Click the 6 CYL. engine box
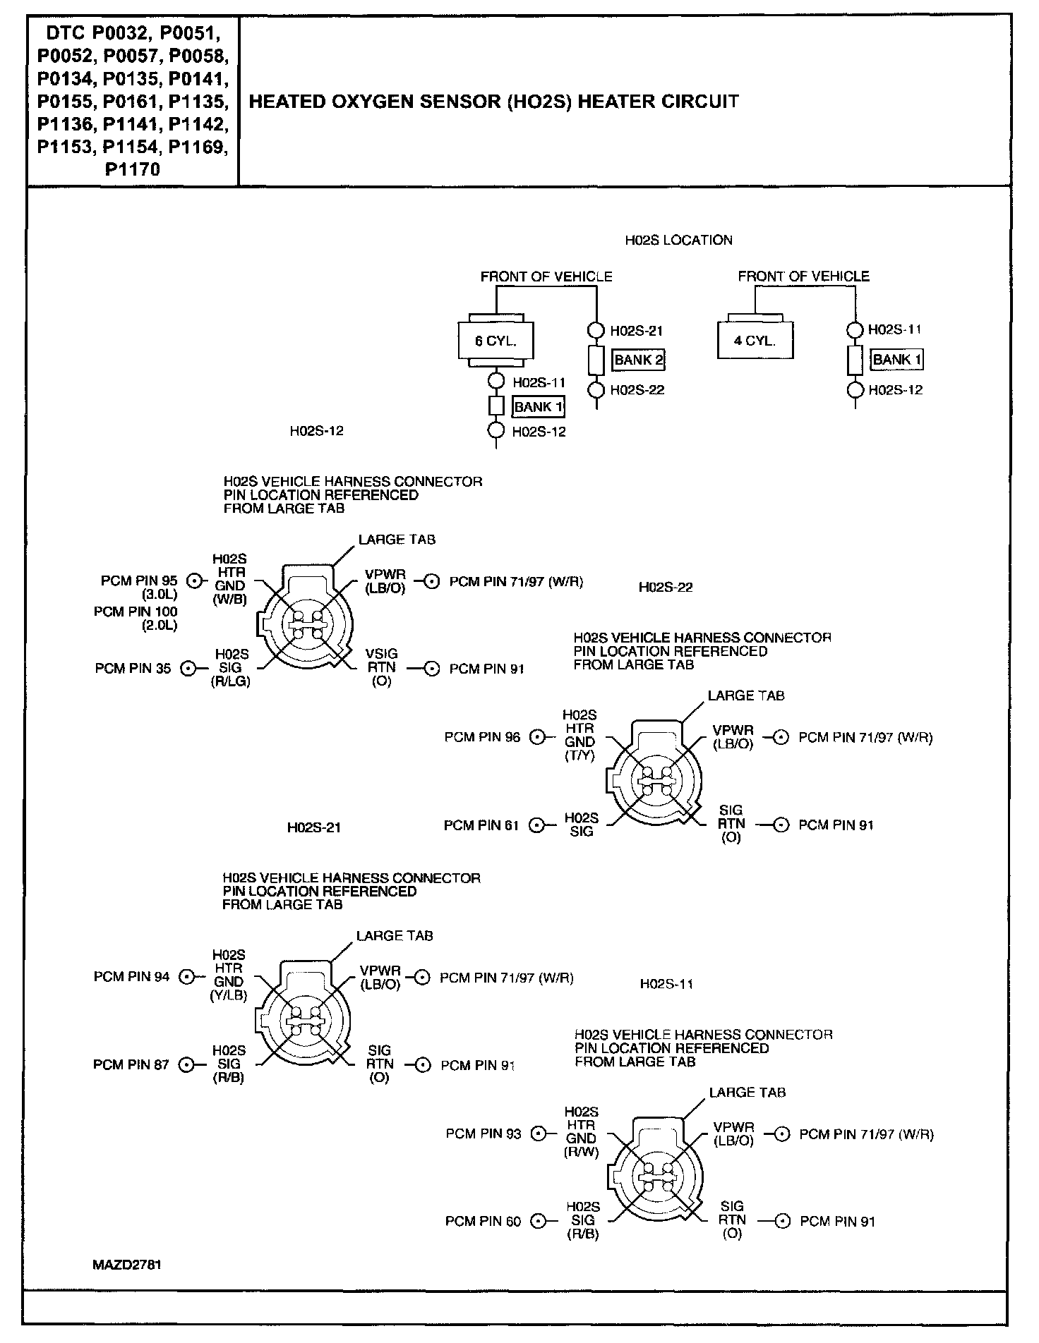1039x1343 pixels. coord(496,341)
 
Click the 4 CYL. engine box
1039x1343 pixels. coord(755,341)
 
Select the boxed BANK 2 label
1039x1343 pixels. coord(638,360)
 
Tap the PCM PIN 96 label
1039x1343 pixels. coord(482,737)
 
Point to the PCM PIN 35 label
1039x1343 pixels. coord(133,669)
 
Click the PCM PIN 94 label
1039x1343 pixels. coord(131,977)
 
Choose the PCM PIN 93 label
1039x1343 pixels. coord(484,1134)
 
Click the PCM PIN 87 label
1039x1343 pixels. coord(131,1064)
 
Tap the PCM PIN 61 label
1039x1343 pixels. coord(481,825)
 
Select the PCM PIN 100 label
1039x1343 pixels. coord(136,612)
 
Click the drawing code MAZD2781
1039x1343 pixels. coord(127,1265)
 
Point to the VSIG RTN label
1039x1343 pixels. coord(381,661)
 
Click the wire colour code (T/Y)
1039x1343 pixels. coord(580,755)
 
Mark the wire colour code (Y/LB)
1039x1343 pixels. coord(228,995)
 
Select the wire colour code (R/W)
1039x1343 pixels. coord(581,1152)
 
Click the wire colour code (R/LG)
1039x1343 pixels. coord(231,681)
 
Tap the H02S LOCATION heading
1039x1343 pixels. coord(678,241)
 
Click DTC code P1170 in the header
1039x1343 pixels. coord(132,169)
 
